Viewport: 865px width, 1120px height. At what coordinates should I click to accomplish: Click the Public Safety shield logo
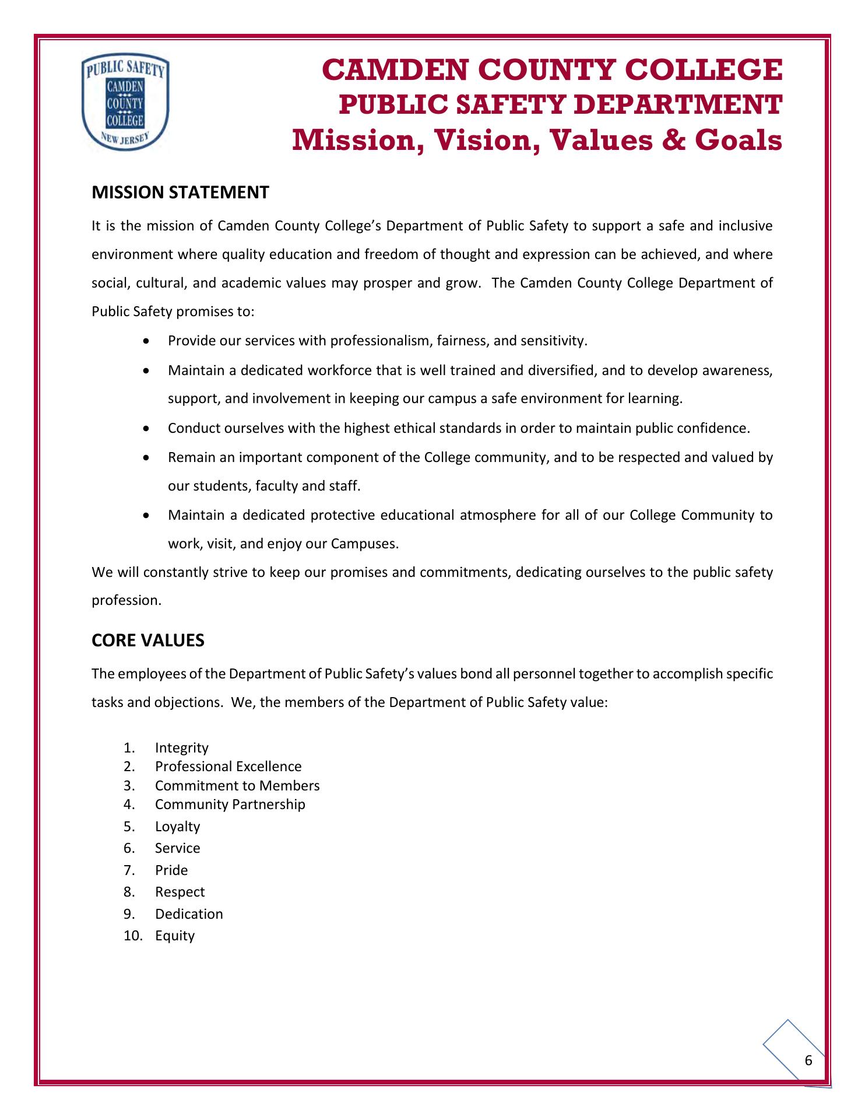[126, 103]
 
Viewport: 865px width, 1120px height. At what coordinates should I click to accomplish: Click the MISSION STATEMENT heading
[180, 192]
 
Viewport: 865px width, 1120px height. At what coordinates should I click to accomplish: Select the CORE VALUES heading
[148, 640]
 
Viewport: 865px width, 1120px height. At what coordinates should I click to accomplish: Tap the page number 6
[808, 1060]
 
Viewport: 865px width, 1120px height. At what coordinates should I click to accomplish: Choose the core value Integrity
[181, 748]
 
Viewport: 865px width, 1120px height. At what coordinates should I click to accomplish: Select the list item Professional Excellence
[228, 766]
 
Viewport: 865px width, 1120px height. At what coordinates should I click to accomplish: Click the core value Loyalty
[177, 827]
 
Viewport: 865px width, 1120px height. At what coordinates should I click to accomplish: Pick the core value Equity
[175, 936]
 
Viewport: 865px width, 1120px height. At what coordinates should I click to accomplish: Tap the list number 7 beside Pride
[129, 870]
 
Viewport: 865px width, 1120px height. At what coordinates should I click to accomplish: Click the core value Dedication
[189, 914]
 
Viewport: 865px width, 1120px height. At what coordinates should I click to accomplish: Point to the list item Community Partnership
[230, 804]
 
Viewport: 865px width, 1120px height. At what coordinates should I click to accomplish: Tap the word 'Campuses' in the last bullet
[364, 544]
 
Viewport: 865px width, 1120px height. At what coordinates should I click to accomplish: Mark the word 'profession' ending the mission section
[126, 600]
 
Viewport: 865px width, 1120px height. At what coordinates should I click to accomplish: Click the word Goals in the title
[742, 141]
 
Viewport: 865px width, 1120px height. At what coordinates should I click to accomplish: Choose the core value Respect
[180, 892]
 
